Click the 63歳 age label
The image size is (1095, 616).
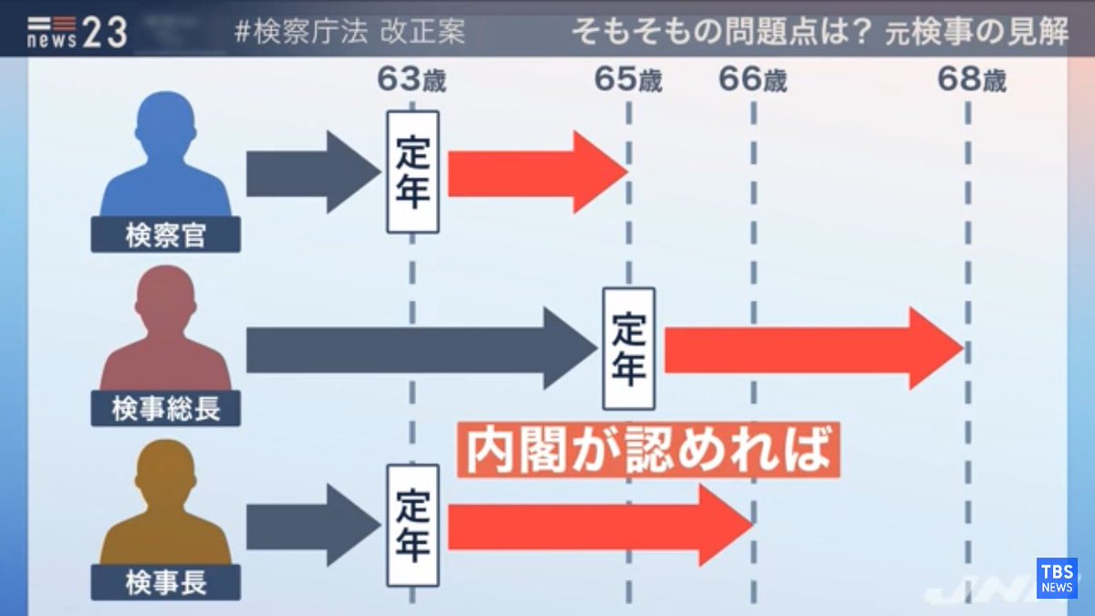[412, 80]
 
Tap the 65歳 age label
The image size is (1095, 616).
[628, 80]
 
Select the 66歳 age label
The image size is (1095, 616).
[753, 80]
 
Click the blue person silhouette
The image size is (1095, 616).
[166, 160]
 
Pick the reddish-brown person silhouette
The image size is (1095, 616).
[166, 333]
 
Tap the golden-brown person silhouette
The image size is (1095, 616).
[166, 506]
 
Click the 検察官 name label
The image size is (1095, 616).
[166, 235]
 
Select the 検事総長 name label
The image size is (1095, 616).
[166, 409]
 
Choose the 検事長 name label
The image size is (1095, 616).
[166, 582]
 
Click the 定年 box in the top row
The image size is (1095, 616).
[412, 172]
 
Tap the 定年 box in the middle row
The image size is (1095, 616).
[629, 349]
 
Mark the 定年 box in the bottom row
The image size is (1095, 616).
[412, 526]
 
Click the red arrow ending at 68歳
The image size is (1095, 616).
[812, 349]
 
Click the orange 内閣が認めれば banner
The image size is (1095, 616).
[647, 448]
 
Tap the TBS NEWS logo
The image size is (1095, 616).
[1056, 578]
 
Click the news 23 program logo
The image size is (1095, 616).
[77, 33]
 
